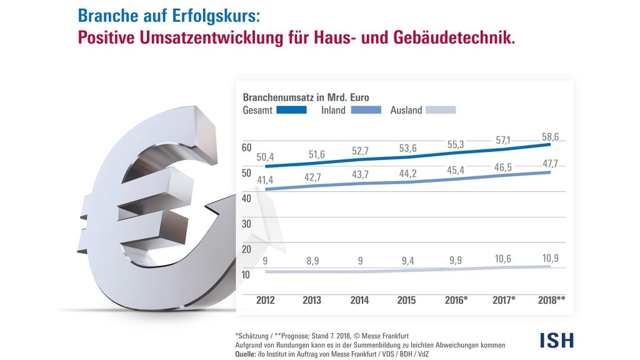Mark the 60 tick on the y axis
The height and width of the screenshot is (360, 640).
click(x=246, y=147)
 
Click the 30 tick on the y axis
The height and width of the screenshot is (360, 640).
click(x=246, y=224)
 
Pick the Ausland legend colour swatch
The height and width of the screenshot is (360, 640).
click(x=441, y=110)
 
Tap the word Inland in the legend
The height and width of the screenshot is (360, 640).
click(x=333, y=110)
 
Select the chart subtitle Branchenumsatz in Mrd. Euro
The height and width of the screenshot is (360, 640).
click(x=305, y=97)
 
